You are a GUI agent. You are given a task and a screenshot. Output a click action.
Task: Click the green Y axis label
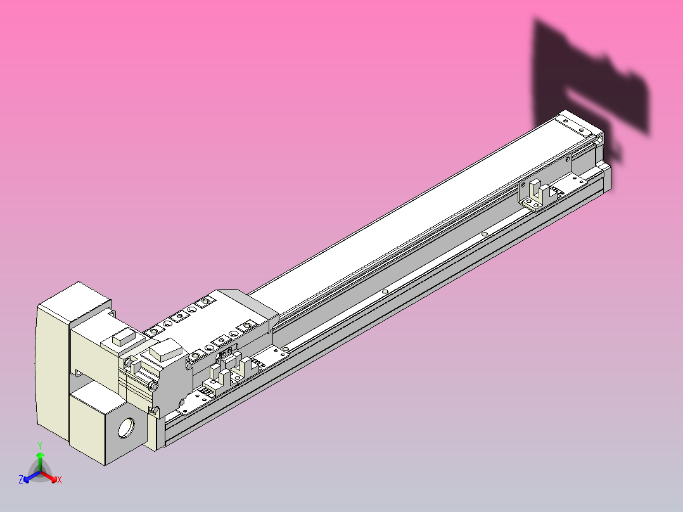pyautogui.click(x=40, y=445)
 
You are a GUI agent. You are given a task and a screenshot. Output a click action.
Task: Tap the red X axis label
pyautogui.click(x=60, y=480)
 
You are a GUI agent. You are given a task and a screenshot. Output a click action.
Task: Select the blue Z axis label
pyautogui.click(x=21, y=480)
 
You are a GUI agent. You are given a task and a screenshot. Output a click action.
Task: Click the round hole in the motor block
pyautogui.click(x=127, y=428)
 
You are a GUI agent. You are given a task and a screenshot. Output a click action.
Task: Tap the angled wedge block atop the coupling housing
pyautogui.click(x=164, y=350)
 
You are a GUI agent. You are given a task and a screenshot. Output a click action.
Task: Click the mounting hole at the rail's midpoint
pyautogui.click(x=385, y=292)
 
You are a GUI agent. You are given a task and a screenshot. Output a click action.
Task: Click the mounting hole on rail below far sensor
pyautogui.click(x=485, y=234)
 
